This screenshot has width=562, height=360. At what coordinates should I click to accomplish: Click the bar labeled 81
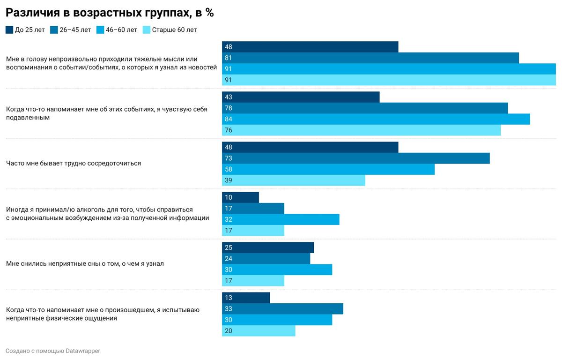(370, 58)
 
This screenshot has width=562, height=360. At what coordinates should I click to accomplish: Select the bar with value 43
(301, 97)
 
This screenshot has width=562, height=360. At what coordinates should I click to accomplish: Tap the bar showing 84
(376, 119)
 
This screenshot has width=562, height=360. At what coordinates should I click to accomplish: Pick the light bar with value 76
(361, 130)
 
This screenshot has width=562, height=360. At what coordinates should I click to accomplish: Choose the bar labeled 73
(355, 158)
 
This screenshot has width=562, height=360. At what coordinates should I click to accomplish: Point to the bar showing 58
(328, 169)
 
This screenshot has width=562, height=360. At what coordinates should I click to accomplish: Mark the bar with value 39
(293, 180)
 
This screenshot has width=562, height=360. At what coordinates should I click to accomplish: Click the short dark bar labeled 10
(240, 197)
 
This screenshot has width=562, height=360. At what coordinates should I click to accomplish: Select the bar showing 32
(281, 219)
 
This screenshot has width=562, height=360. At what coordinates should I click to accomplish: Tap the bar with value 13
(246, 298)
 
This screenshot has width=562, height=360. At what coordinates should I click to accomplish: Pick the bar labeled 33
(282, 309)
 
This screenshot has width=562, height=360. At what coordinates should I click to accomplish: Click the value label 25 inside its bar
(229, 247)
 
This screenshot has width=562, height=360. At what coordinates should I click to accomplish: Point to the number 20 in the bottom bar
(229, 331)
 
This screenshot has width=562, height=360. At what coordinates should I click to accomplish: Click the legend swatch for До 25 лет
(9, 30)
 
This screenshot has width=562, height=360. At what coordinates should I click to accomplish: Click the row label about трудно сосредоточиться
(73, 164)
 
